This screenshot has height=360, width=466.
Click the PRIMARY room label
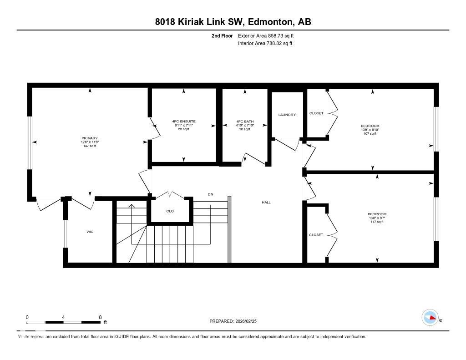tap(90, 138)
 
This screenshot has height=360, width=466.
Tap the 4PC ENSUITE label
tap(183, 122)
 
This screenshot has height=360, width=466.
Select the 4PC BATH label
tap(245, 122)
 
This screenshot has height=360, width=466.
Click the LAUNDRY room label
tap(287, 115)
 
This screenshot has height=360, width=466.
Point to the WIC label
tap(90, 232)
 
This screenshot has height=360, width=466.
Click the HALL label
tap(266, 202)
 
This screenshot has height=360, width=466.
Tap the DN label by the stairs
tap(210, 194)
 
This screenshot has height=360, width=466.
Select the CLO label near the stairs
tap(170, 211)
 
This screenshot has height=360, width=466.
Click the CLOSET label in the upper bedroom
tap(316, 113)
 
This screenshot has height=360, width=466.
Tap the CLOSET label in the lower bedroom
tap(316, 235)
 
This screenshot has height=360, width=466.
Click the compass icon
tap(430, 318)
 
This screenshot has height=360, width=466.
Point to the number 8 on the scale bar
tap(100, 317)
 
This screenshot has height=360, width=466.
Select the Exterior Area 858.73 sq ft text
tap(269, 35)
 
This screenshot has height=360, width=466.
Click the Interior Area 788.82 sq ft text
tap(265, 44)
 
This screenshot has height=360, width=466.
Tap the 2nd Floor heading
tap(222, 35)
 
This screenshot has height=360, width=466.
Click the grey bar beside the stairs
tap(229, 229)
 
